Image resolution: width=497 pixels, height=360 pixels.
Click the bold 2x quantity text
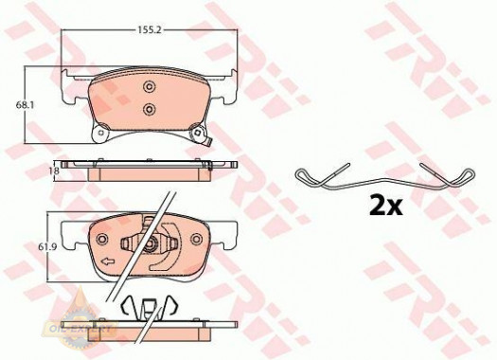click(x=385, y=206)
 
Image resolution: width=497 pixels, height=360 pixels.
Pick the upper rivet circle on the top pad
click(x=148, y=88)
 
